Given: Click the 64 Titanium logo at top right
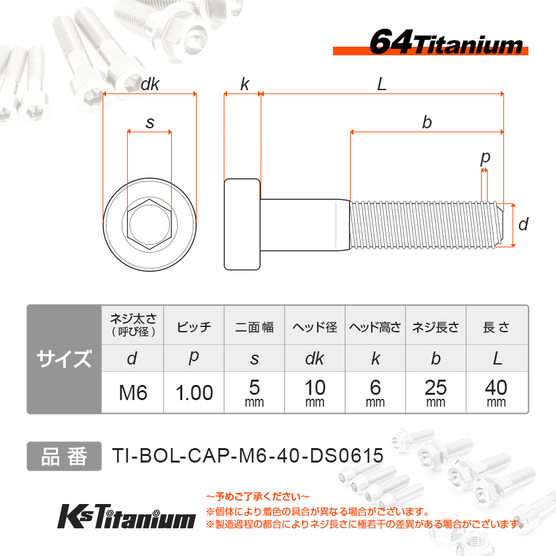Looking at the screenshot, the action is pyautogui.click(x=430, y=42).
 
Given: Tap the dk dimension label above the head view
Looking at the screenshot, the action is pyautogui.click(x=150, y=84).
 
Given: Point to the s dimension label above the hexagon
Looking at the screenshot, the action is pyautogui.click(x=150, y=123).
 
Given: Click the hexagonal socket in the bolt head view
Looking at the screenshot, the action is pyautogui.click(x=149, y=224).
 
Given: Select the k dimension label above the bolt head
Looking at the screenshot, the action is pyautogui.click(x=245, y=84).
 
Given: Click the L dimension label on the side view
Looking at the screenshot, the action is pyautogui.click(x=382, y=84).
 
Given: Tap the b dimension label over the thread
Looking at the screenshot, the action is pyautogui.click(x=427, y=122).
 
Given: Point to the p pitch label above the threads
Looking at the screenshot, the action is pyautogui.click(x=485, y=158).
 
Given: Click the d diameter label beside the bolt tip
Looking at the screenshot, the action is pyautogui.click(x=523, y=224).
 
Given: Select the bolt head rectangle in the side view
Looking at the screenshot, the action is pyautogui.click(x=243, y=224).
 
